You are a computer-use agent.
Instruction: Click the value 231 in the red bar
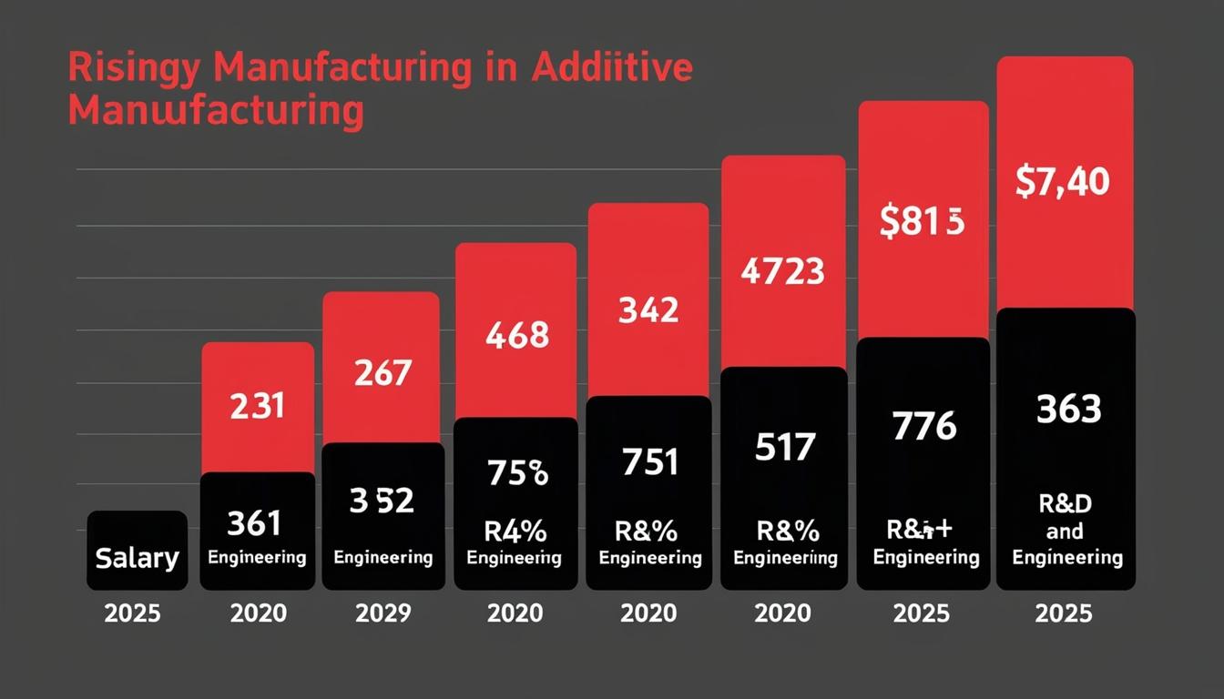[x=257, y=405]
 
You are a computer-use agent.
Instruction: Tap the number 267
[x=383, y=372]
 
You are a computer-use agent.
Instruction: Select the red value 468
[x=516, y=335]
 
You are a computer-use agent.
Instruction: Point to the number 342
[x=648, y=311]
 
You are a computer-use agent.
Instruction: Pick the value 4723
[x=782, y=271]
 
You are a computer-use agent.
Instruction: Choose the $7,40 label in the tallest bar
[x=1063, y=183]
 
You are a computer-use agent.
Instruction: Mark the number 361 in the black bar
[x=254, y=523]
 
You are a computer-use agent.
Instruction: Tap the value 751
[x=649, y=463]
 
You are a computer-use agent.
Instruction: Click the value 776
[x=924, y=426]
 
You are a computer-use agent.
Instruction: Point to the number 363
[x=1068, y=410]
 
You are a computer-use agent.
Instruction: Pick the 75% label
[x=516, y=474]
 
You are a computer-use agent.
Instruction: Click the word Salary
[x=137, y=557]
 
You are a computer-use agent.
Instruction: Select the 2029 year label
[x=383, y=613]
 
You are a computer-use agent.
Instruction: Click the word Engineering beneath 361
[x=257, y=557]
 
